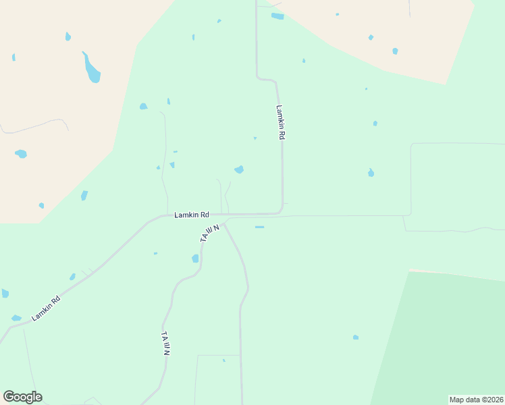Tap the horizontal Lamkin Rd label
(192, 215)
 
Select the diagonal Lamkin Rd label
(46, 308)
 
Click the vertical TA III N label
(166, 343)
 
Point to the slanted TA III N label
(210, 234)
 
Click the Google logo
(22, 397)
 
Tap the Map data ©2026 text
(476, 400)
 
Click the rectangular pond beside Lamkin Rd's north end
(277, 16)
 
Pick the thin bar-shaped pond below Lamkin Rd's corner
(259, 227)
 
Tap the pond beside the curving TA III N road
(195, 258)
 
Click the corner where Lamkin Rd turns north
(280, 211)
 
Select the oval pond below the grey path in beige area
(21, 154)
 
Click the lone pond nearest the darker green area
(356, 337)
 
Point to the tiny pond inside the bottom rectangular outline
(223, 360)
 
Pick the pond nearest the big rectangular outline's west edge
(371, 173)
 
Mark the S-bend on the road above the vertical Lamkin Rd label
(265, 80)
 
